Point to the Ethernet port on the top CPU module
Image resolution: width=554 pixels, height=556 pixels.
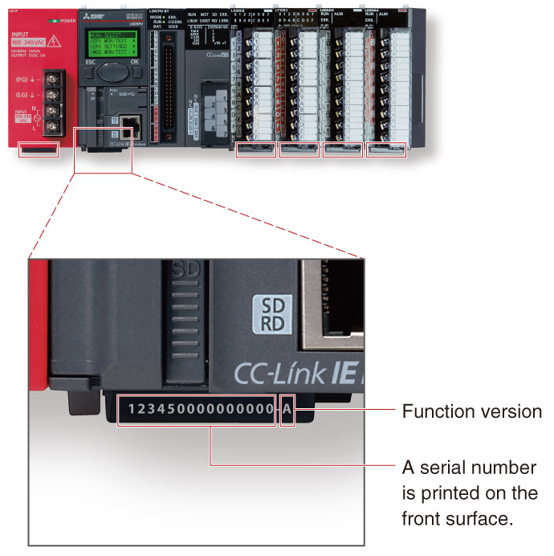coord(134,125)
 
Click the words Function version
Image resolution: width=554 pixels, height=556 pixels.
coord(471,412)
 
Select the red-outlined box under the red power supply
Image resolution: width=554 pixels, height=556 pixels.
coord(39,149)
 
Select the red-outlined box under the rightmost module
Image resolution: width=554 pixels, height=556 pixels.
coord(386,149)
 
